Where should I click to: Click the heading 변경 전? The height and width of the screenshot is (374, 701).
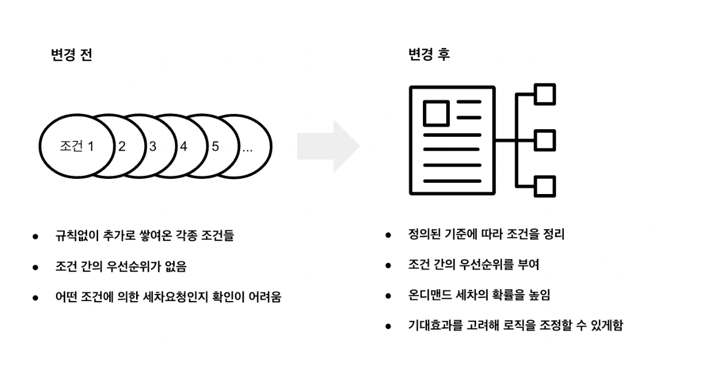point(71,56)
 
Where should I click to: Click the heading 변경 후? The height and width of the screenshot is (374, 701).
point(429,56)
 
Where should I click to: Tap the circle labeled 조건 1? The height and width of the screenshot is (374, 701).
point(77,147)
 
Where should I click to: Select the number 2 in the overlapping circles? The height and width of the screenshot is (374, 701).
point(122,147)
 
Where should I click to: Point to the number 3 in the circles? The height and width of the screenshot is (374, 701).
point(152,147)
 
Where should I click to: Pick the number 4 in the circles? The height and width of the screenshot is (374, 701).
point(183,147)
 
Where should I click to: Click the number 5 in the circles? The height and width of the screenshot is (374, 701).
point(215,147)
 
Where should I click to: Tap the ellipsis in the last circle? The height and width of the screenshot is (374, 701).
point(248,148)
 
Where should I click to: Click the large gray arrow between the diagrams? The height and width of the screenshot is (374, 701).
point(328,146)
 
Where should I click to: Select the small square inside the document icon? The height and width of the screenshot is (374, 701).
point(436,113)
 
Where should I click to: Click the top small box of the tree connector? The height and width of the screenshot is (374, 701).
point(545,94)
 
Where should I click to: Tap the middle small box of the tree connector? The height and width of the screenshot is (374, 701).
point(545,140)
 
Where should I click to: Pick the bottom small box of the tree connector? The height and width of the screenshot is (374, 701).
point(545,186)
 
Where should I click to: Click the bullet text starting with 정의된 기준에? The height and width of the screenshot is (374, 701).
point(486,235)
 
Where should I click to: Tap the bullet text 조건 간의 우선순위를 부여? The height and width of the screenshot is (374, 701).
point(473,265)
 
